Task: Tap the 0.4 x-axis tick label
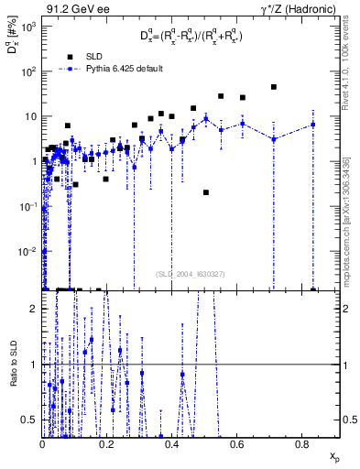[x=172, y=444]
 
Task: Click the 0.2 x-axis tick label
[x=107, y=444]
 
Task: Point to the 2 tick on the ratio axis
[x=34, y=309]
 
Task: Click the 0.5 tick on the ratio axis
[x=30, y=420]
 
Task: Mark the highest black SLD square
[x=273, y=87]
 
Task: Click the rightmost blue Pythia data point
[x=312, y=125]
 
